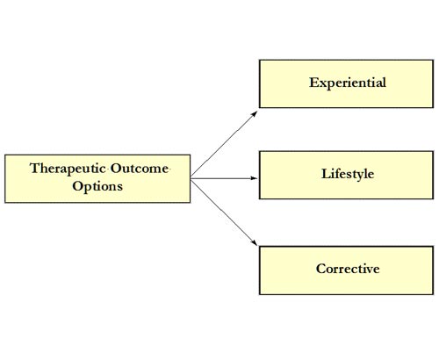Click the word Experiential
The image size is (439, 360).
[x=348, y=83]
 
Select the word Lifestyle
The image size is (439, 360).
[x=348, y=174]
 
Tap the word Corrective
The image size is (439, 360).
[x=348, y=269]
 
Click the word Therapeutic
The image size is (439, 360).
[x=68, y=169]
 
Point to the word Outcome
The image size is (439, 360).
[x=140, y=169]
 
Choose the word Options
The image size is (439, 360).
[x=97, y=187]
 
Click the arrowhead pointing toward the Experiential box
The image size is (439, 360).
[x=255, y=114]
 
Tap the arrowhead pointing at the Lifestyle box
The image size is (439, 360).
[x=254, y=178]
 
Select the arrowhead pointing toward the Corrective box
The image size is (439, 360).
[x=254, y=243]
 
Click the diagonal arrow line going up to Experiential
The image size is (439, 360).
[x=224, y=145]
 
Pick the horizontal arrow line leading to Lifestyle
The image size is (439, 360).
[x=224, y=178]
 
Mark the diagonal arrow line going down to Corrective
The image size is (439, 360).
[x=224, y=212]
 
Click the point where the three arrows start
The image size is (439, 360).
[x=191, y=178]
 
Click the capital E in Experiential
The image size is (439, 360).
[x=314, y=83]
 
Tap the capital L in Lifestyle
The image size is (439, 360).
[x=326, y=174]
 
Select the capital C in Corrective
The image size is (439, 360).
[x=321, y=269]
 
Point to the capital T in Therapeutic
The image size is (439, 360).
[x=35, y=168]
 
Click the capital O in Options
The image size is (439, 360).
[x=78, y=186]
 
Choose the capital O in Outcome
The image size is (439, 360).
[x=116, y=169]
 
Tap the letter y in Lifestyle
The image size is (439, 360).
[x=358, y=176]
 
